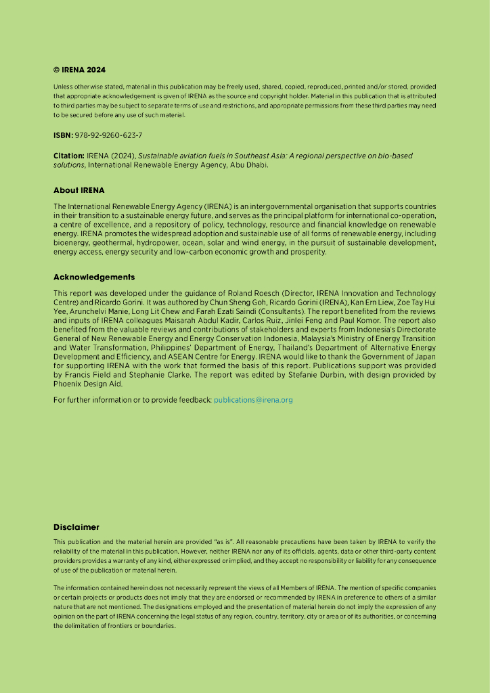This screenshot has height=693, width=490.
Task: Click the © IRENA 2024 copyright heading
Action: [79, 70]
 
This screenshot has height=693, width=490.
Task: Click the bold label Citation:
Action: [69, 156]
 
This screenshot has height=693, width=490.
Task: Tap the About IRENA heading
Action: [79, 190]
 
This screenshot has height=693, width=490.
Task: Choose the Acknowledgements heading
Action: [94, 277]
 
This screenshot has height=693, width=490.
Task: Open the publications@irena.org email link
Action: [253, 400]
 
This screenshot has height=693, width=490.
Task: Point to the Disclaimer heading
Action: [76, 527]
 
